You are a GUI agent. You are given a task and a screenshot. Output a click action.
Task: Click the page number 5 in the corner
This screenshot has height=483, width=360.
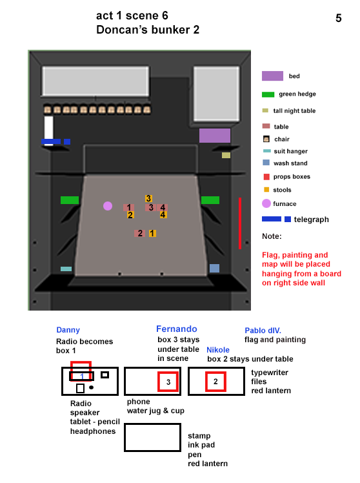point(339,18)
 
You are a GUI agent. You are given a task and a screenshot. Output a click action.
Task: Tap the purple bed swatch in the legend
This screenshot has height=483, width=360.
point(272,76)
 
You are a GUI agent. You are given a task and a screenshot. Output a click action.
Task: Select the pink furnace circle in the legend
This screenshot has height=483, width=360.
point(266,204)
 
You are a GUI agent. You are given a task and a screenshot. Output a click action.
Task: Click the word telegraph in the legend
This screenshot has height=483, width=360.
point(311,220)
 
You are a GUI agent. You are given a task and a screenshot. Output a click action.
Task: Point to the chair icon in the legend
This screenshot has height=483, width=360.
point(266,139)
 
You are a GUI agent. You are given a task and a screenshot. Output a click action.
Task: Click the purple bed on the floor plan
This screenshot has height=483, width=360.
point(215,136)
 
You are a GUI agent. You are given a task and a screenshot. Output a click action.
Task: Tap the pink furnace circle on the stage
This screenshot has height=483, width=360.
point(108,206)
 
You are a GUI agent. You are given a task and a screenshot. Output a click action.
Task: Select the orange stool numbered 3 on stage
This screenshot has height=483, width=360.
point(148,199)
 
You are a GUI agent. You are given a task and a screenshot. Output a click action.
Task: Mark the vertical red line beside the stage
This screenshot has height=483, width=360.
point(239,223)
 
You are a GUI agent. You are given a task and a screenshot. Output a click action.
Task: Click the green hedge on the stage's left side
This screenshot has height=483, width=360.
point(70,200)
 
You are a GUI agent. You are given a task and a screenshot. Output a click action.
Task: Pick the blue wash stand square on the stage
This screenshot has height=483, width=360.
point(214,268)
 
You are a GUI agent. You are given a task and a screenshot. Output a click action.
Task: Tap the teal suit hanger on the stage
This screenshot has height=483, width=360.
point(66,269)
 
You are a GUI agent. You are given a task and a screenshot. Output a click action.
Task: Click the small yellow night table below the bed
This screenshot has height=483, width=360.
point(226,155)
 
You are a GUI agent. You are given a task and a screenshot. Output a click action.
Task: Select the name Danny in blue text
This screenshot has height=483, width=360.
point(68,331)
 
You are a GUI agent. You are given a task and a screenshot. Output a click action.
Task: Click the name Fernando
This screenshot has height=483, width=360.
point(176,329)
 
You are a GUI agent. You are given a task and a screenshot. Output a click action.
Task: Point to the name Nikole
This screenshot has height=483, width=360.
point(219,350)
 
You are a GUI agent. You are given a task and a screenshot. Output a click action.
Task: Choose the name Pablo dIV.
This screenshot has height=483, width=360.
point(263,330)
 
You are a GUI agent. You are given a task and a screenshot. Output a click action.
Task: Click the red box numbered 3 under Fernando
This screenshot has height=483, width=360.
point(168,382)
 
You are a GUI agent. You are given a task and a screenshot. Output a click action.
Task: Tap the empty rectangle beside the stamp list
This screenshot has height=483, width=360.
point(152,437)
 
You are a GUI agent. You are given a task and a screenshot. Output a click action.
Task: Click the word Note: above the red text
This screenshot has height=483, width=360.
point(272,236)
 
